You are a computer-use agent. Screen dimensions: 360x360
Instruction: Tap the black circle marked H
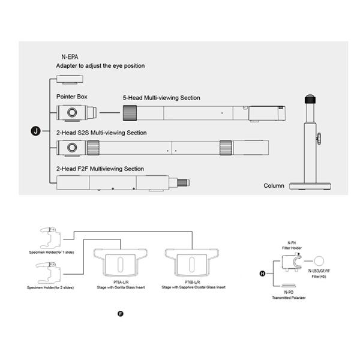coord(262,274)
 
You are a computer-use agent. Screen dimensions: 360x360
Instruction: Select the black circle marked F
coord(120,314)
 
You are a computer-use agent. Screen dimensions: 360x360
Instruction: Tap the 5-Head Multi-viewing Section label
coord(161,98)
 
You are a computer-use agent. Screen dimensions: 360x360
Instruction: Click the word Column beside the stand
coord(274,186)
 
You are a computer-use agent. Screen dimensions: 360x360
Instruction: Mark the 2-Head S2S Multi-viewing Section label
coord(101,133)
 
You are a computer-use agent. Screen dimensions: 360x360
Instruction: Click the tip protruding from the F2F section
coord(182,182)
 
